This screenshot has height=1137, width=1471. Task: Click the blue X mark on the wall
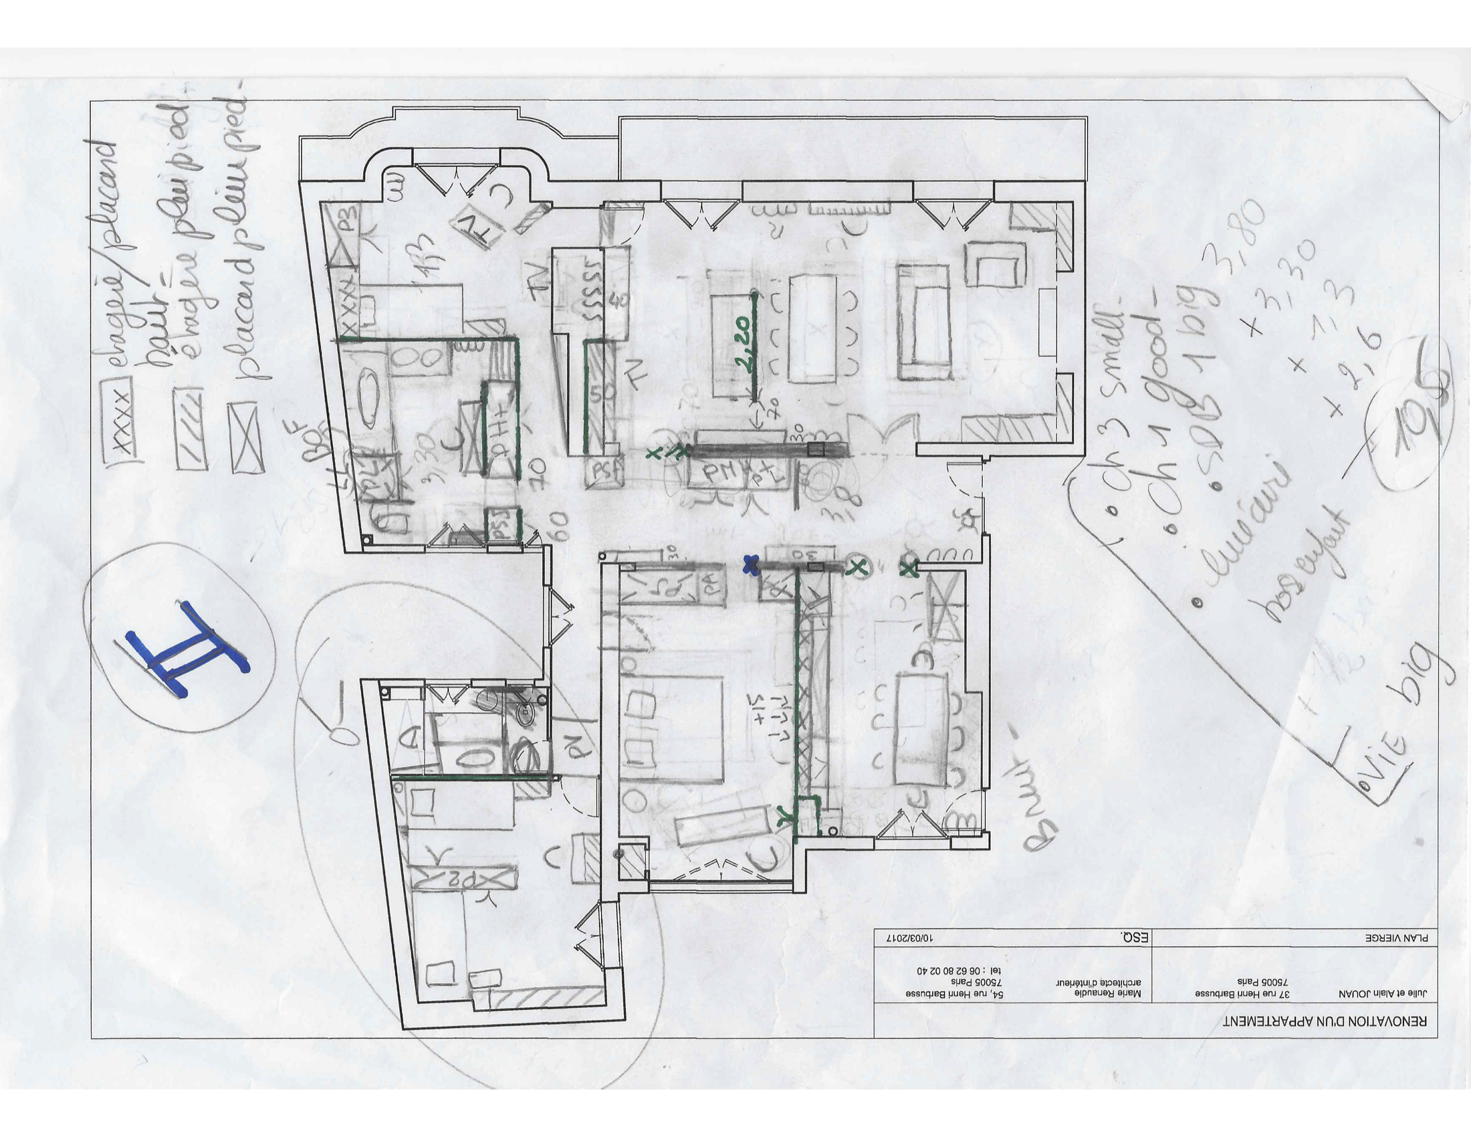pyautogui.click(x=750, y=564)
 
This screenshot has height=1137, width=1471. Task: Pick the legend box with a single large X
pyautogui.click(x=246, y=437)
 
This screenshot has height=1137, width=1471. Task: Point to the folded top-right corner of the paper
pyautogui.click(x=1442, y=108)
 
